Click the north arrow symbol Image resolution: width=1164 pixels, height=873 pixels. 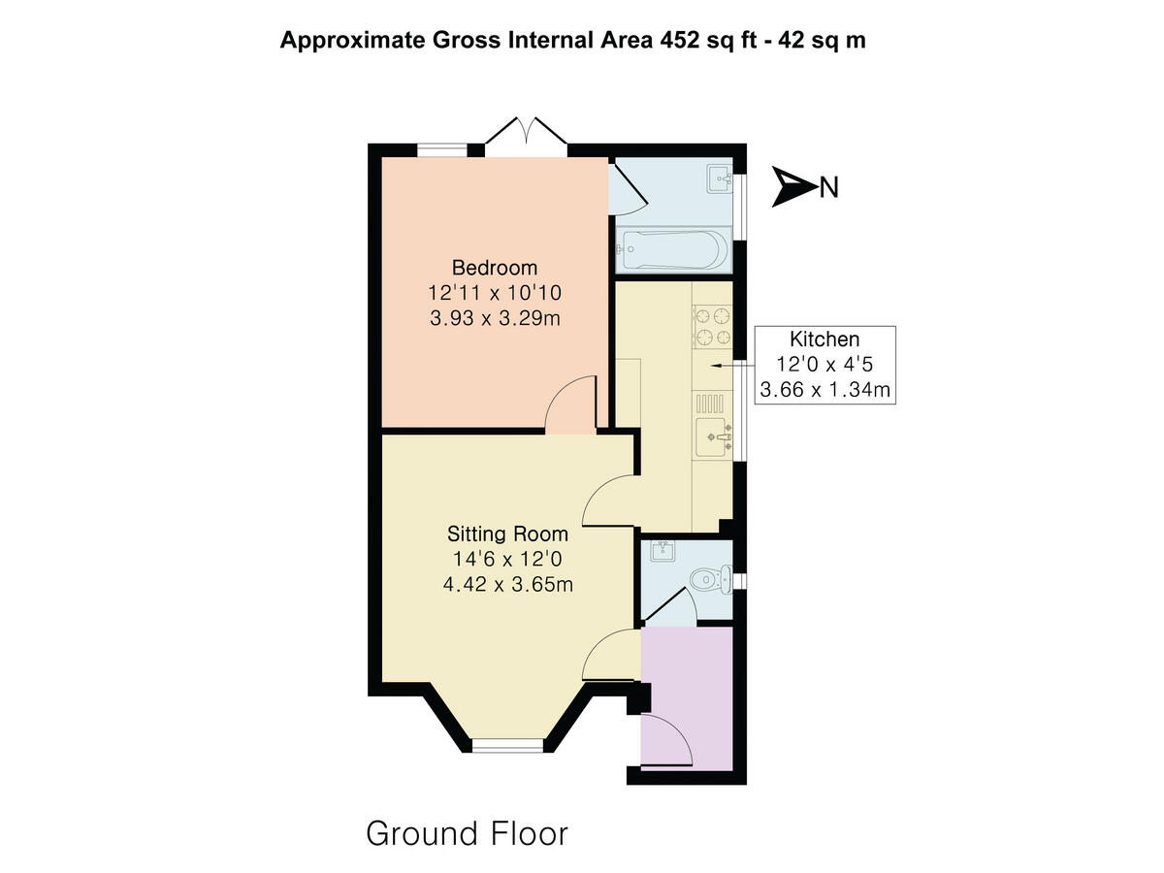point(794,186)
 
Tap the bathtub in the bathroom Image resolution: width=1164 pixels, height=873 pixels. point(672,252)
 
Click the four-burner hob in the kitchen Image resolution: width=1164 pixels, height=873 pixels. point(711,326)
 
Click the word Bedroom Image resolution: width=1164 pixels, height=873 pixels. point(495,268)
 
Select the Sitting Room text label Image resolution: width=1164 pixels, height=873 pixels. point(507,533)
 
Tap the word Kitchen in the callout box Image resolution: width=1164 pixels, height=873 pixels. point(824,339)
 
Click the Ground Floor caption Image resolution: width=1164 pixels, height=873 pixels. point(467,832)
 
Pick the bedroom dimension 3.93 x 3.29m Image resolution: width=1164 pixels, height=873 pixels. point(495,317)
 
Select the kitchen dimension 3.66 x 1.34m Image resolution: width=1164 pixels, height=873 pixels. point(824,391)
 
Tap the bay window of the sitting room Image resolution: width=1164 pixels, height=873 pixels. point(507,745)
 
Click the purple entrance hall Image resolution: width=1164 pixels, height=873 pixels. point(700,679)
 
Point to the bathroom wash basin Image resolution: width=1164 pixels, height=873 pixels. point(719,177)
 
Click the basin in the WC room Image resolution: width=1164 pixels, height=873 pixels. point(663,552)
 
